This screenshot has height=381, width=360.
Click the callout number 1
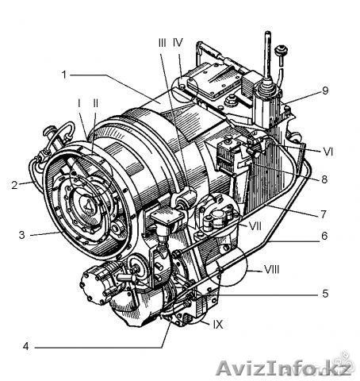64,75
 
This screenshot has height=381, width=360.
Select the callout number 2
14,185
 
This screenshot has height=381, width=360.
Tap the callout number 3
21,235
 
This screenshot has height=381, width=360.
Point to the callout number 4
25,346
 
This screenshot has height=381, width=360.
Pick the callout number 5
325,294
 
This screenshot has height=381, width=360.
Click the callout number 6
324,236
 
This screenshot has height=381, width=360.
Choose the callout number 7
324,214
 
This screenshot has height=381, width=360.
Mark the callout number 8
324,179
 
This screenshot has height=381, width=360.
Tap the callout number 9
325,90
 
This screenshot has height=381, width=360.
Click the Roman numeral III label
163,42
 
